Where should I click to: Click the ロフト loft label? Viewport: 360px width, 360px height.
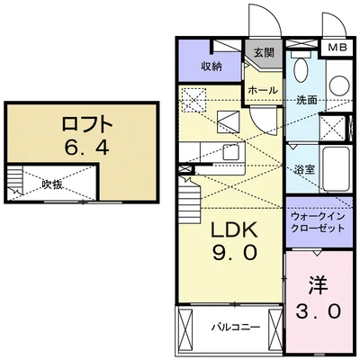tap(86, 122)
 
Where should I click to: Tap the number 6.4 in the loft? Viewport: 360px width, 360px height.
tap(86, 146)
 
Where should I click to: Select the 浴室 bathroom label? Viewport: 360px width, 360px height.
tap(303, 168)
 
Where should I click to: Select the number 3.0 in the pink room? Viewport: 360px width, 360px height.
tap(317, 312)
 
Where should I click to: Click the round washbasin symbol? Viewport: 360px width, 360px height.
tap(338, 84)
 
